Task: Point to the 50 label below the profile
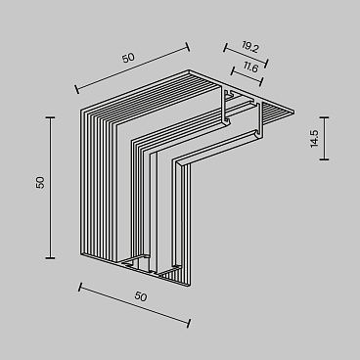[x=140, y=295]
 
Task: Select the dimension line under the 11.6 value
[x=248, y=75]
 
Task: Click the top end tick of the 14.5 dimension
[x=324, y=117]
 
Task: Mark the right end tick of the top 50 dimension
[x=188, y=43]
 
